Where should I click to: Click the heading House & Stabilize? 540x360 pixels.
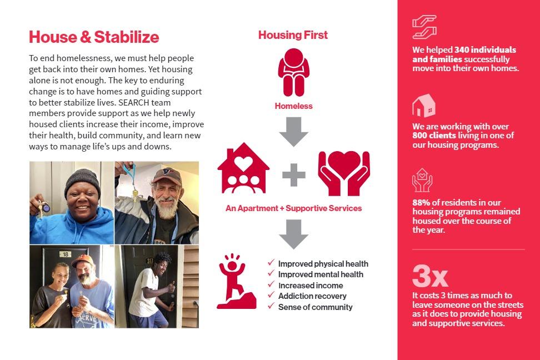coord(94,37)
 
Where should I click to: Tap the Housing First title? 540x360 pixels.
coord(293,35)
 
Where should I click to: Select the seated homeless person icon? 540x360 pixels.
coord(294,72)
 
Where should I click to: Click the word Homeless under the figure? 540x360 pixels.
coord(294,106)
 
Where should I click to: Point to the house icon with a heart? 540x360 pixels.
coord(243,168)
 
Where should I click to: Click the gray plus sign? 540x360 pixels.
coord(294,174)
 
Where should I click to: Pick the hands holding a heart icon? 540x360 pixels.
coord(344,173)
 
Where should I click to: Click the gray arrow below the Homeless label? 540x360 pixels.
coord(293,132)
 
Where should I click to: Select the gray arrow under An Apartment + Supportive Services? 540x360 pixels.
coord(293,234)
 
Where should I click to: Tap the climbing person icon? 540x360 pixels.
coord(236,281)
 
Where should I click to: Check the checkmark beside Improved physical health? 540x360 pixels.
coord(271,263)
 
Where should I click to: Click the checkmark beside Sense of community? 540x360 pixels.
coord(271,306)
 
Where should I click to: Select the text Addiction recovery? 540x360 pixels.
coord(312,296)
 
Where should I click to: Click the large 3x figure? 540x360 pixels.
coord(430,276)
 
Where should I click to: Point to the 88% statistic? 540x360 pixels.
coord(421,202)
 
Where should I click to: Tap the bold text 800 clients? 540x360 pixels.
coord(434,136)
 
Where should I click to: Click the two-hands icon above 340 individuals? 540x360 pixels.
coord(424,27)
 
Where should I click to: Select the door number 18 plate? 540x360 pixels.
coord(65,254)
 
